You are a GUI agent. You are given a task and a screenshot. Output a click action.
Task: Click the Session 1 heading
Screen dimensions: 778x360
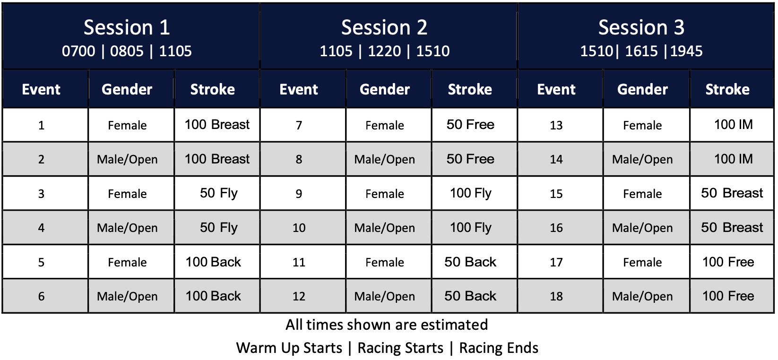click(x=127, y=27)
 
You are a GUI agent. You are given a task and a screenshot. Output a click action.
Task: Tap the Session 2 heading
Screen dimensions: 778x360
click(x=384, y=27)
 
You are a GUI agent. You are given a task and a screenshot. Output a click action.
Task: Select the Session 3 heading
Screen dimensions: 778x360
click(x=641, y=27)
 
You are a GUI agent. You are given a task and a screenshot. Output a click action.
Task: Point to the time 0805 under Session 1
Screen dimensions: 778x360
click(x=127, y=51)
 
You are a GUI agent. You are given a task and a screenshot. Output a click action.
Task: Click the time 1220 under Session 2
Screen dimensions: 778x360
click(x=384, y=51)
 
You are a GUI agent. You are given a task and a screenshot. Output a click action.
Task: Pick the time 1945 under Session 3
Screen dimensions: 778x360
click(x=686, y=51)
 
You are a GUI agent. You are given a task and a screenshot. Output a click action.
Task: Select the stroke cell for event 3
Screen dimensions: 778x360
click(x=217, y=193)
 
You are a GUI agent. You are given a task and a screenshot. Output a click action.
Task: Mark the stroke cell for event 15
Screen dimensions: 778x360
click(x=732, y=193)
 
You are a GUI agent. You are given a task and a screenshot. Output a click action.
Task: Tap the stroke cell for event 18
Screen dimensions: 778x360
click(x=732, y=296)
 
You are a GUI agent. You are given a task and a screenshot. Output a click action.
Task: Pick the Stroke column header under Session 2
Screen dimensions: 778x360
click(x=470, y=90)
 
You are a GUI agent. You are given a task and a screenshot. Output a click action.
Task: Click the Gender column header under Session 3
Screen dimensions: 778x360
click(x=642, y=90)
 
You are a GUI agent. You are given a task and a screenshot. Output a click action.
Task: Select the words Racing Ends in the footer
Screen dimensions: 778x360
click(x=499, y=348)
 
